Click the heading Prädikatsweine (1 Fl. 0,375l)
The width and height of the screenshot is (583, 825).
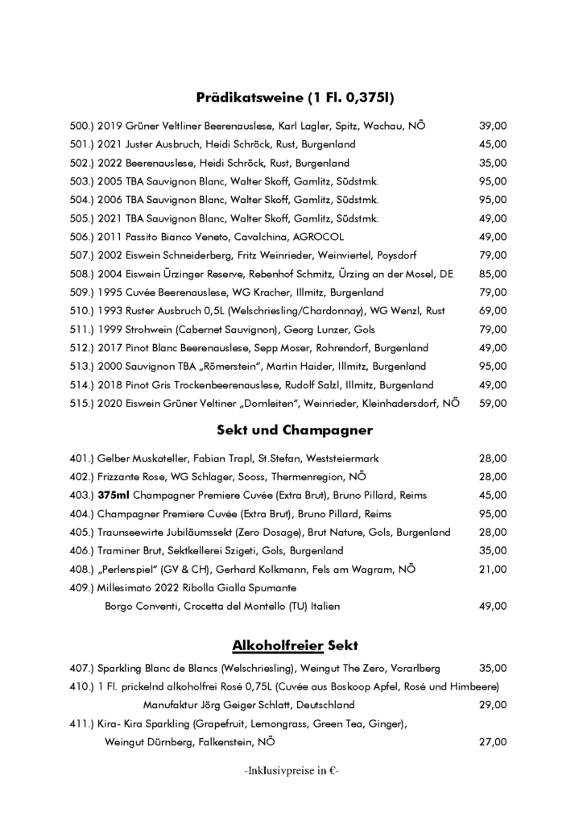[x=295, y=98]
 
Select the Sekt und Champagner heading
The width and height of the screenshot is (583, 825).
[x=295, y=429]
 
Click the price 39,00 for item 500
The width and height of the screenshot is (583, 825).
[x=493, y=126]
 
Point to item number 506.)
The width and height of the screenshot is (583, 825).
[x=83, y=237]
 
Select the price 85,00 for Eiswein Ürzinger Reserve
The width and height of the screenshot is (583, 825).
[x=493, y=274]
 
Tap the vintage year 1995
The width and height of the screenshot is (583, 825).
[x=110, y=292]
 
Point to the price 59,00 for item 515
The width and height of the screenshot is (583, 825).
[x=493, y=403]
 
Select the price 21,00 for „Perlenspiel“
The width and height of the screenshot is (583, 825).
[x=493, y=569]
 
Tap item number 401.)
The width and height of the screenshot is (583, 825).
[x=83, y=458]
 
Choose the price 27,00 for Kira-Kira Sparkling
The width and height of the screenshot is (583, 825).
[x=493, y=742]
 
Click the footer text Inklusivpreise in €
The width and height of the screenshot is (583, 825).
[x=291, y=770]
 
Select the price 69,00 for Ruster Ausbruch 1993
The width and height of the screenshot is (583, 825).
[x=493, y=311]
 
